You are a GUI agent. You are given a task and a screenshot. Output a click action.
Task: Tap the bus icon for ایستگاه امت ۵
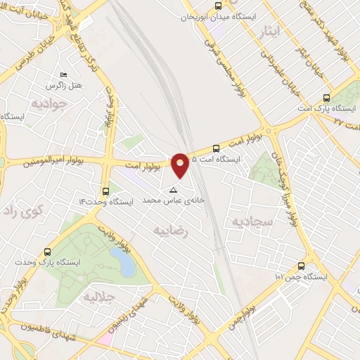216,148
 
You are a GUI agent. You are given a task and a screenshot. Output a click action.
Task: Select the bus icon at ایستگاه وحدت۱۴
105,191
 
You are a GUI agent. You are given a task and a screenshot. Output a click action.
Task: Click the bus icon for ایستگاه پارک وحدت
47,252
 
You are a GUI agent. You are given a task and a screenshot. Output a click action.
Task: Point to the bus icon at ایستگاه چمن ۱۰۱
301,266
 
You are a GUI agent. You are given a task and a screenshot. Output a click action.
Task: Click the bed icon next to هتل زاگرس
65,75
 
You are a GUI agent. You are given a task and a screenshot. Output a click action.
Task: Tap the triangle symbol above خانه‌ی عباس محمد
173,190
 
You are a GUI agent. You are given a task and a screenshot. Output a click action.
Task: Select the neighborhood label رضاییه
172,231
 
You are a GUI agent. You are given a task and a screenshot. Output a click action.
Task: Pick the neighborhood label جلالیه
100,297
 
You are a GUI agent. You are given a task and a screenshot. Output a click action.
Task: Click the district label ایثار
268,31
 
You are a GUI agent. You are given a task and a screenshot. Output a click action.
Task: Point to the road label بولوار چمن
253,302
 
